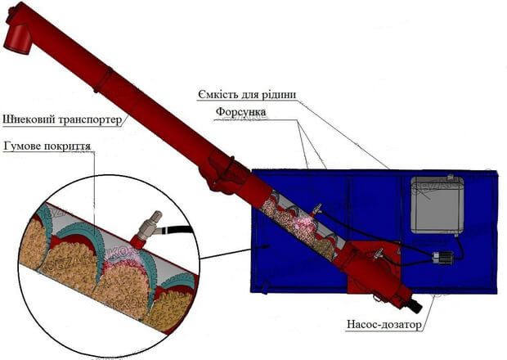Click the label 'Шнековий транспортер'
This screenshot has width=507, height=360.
[x=62, y=119]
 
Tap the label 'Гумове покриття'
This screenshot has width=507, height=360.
[x=47, y=146]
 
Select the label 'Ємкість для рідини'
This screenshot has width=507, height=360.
[x=247, y=95]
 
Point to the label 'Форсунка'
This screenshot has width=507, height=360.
[x=241, y=112]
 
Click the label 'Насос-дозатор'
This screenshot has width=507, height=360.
[x=384, y=325]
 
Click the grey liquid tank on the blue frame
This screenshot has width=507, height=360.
[x=437, y=205]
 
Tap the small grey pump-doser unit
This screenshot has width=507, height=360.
[x=439, y=258]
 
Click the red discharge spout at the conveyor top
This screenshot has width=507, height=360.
[x=17, y=38]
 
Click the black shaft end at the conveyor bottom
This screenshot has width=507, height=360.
[x=417, y=307]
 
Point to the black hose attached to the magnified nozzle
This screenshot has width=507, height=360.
[x=176, y=230]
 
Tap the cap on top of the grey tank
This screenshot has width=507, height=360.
[x=450, y=177]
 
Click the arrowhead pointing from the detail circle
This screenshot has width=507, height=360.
[x=265, y=246]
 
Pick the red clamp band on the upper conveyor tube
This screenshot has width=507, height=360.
[x=104, y=79]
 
